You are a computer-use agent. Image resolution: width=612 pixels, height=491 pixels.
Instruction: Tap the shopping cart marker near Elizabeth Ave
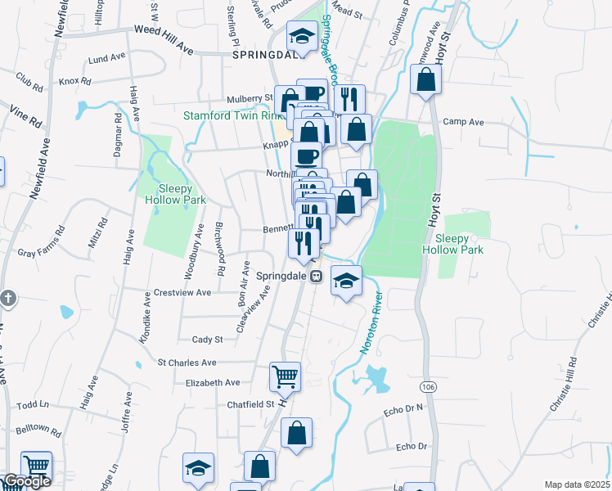coord(285,377)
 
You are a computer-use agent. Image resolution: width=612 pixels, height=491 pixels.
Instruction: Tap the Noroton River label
coord(371,322)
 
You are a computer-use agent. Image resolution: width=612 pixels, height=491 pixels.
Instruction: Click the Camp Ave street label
coord(463,122)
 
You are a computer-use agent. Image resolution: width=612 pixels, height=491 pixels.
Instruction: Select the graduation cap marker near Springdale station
coord(347,281)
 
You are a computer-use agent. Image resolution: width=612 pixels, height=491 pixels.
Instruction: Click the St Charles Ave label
coord(187,362)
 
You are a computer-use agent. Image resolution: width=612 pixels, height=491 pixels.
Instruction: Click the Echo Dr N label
coord(407,407)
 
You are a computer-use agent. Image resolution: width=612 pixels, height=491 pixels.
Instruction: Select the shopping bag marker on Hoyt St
coord(426,80)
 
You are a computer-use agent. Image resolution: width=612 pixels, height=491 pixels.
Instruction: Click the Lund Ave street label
coord(104,60)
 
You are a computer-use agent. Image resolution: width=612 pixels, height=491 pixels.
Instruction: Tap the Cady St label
coord(207,339)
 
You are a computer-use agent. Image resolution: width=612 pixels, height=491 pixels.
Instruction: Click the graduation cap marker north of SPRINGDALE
coord(301,36)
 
